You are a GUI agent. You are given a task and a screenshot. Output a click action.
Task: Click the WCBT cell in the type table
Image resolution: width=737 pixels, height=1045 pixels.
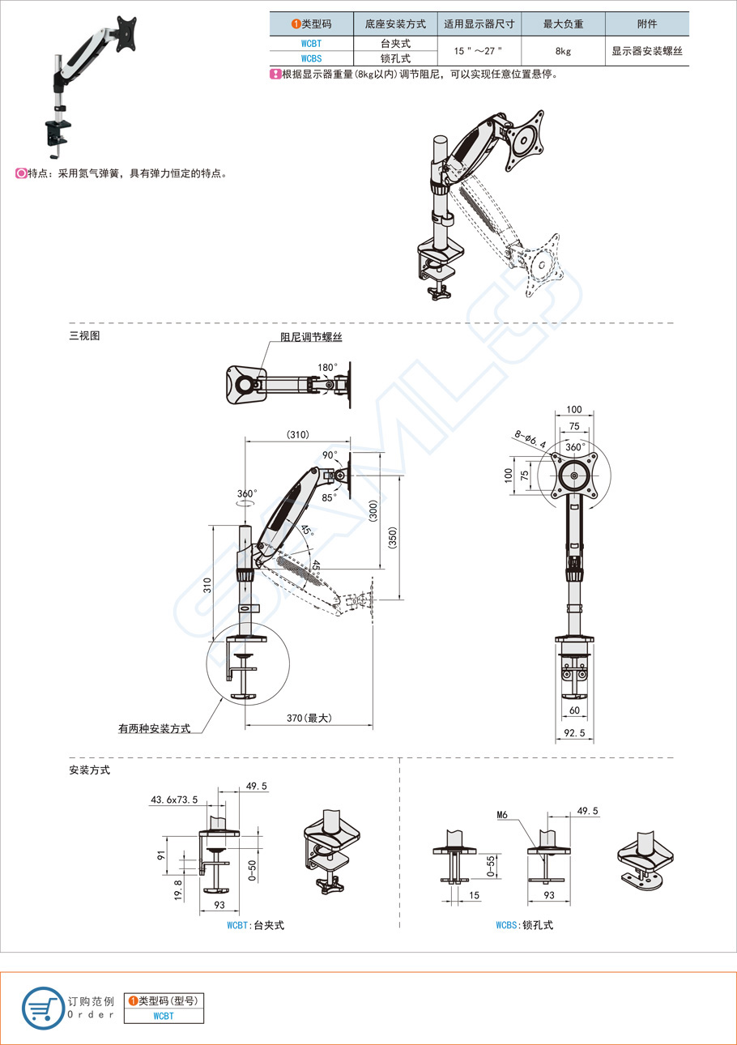pos(311,44)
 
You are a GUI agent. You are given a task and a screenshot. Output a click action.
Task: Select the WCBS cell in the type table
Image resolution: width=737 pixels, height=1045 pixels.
pos(311,58)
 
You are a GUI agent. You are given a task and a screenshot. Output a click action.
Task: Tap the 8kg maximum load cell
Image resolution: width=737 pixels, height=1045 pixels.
pos(563,51)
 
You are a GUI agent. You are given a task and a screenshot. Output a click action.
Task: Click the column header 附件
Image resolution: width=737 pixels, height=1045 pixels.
pos(647,23)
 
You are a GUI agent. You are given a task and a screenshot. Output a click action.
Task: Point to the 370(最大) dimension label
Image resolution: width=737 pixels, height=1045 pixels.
pos(309,718)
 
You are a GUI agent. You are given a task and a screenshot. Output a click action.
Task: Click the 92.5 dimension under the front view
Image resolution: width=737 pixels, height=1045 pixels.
pos(574,733)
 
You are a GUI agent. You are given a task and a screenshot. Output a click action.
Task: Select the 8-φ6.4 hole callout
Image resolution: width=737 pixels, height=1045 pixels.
pos(530,439)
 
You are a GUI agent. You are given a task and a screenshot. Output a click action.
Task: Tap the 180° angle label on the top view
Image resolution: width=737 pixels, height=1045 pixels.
pos(327,367)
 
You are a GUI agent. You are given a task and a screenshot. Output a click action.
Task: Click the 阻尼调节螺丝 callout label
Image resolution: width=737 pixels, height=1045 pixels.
pos(311,337)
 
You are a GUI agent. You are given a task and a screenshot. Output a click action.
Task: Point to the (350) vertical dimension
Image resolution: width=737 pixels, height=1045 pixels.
pos(392,537)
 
